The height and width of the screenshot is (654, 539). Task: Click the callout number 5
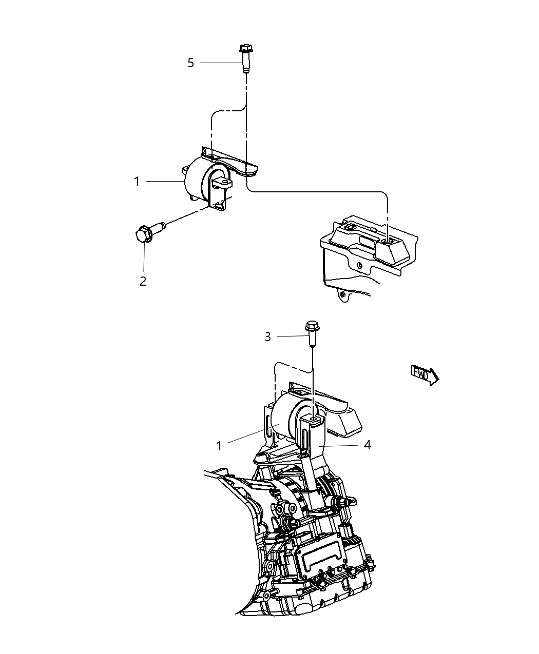(x=190, y=63)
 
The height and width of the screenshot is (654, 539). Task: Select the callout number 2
(x=143, y=281)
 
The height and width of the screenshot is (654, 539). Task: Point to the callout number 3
(x=267, y=336)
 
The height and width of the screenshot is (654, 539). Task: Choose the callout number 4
(x=367, y=445)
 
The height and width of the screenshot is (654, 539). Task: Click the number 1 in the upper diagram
(x=137, y=181)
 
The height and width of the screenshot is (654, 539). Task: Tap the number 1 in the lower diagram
(x=219, y=446)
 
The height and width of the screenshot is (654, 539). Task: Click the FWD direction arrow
(x=425, y=374)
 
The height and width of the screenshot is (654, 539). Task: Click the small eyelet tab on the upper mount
(x=223, y=182)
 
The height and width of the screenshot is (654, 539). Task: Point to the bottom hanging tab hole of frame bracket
(x=341, y=294)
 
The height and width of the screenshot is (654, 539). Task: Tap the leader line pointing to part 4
(x=341, y=445)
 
